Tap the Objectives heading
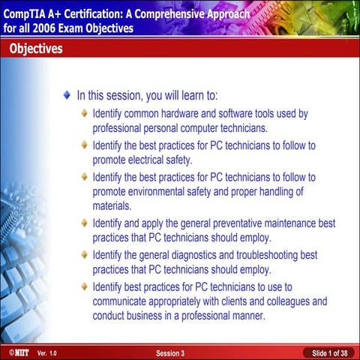pos(36,49)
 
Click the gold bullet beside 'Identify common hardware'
pos(85,114)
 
